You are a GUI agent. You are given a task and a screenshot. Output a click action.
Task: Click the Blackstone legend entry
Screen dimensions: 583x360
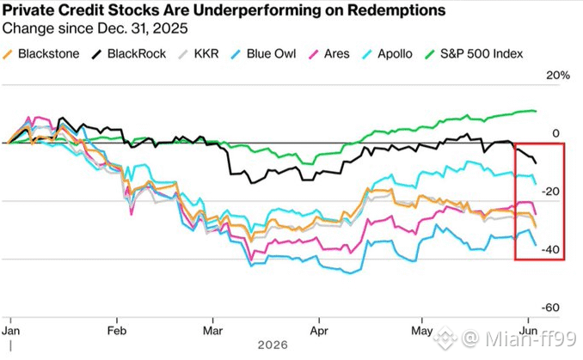pos(41,54)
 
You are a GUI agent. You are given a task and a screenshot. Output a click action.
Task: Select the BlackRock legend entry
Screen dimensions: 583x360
pos(129,54)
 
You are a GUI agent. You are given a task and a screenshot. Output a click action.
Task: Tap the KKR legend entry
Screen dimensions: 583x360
pos(199,54)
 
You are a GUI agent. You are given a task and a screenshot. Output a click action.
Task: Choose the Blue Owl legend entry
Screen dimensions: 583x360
pos(263,54)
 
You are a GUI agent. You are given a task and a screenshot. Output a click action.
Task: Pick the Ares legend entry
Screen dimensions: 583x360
pos(328,54)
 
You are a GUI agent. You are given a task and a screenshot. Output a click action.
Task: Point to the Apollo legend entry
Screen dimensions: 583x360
pos(387,54)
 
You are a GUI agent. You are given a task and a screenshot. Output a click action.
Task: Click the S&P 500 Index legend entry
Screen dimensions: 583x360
pos(474,54)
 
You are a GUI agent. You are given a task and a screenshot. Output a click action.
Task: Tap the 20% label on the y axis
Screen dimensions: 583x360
pos(558,76)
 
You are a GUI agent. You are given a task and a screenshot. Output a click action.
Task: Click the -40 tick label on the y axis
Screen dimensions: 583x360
pos(550,250)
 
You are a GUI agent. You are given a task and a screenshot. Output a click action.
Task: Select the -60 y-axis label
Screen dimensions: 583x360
pos(550,308)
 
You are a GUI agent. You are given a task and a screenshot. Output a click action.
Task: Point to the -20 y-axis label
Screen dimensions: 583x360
pos(550,192)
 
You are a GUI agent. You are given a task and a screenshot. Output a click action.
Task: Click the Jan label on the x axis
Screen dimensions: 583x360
pos(11,331)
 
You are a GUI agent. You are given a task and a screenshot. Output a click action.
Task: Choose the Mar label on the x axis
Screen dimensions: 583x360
pos(212,331)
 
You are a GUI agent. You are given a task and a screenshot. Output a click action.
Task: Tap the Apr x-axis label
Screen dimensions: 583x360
pos(319,331)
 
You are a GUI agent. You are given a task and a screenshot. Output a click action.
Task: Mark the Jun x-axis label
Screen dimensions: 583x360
pos(528,331)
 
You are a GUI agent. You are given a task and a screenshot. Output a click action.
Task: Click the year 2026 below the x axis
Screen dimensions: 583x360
pos(273,345)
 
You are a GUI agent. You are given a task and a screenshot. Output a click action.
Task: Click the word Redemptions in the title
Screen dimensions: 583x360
pos(396,10)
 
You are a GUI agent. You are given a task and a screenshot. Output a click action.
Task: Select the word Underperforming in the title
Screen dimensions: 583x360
pos(256,10)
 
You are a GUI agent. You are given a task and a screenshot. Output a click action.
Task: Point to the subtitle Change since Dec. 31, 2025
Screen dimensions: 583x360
pos(95,28)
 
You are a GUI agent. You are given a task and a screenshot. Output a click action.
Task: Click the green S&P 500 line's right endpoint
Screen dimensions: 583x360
pos(536,111)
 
